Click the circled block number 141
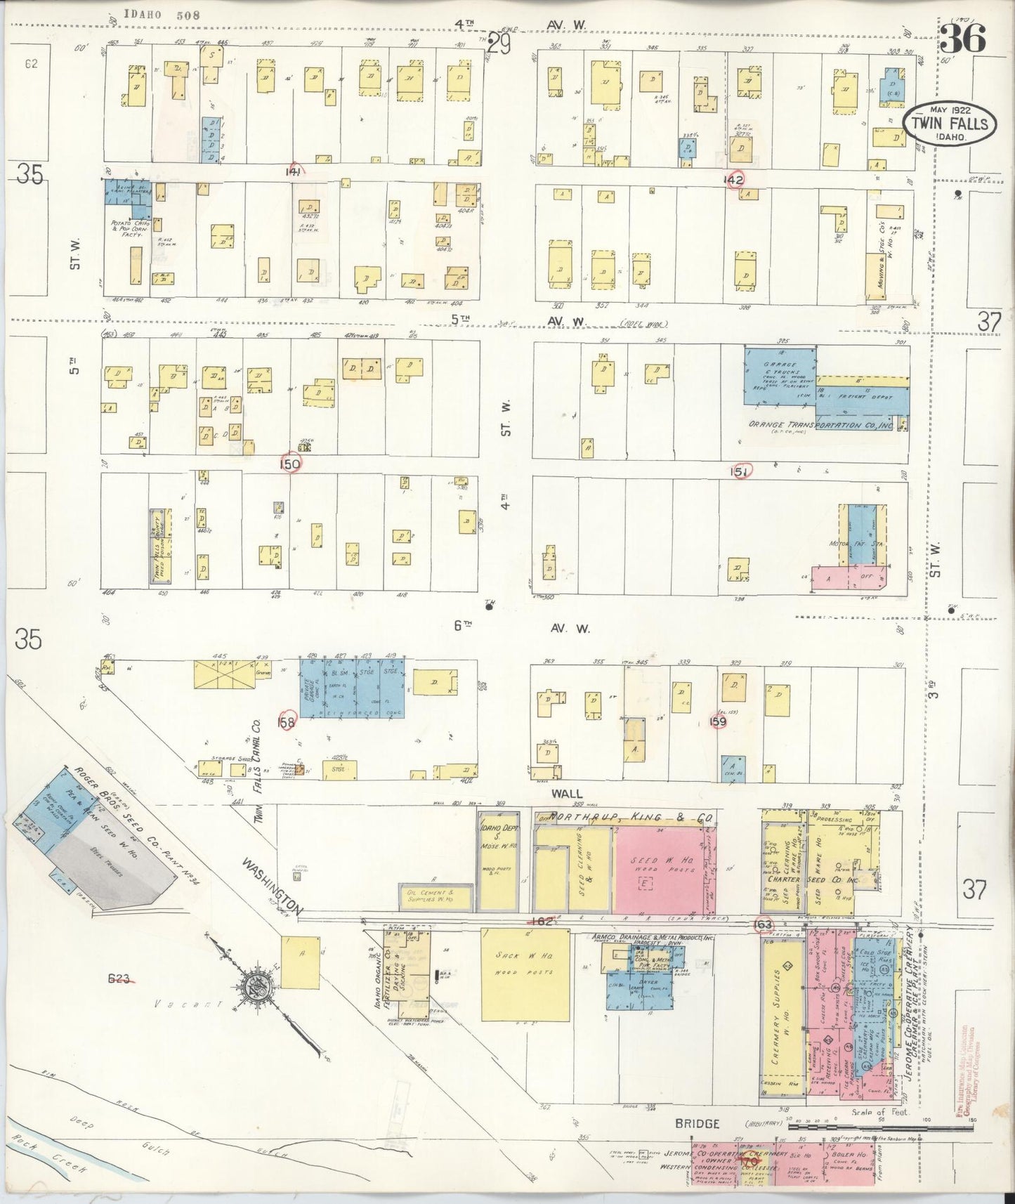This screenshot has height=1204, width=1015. tap(293, 171)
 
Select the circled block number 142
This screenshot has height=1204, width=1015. tap(736, 180)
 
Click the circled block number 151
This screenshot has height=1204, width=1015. tap(739, 471)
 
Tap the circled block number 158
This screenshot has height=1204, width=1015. tap(287, 721)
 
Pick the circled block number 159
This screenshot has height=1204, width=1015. tap(718, 721)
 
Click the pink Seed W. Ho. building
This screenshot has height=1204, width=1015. tap(657, 870)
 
